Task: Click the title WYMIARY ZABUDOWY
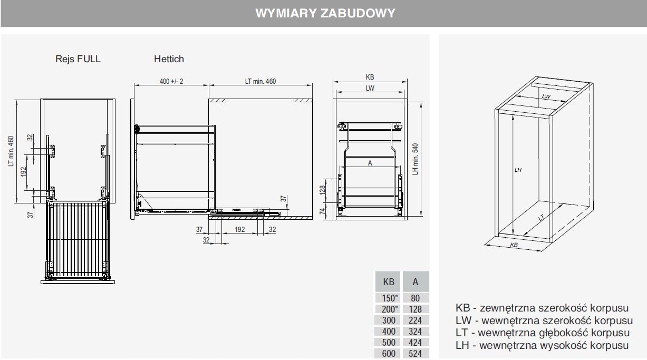coord(325,13)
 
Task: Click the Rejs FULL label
coord(78,59)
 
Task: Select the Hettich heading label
coord(169,59)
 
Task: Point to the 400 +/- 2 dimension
coord(171,81)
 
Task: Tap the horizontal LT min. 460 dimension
coord(260,81)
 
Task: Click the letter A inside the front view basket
coord(370,163)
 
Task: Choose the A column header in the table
coord(416,282)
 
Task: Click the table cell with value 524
coord(416,354)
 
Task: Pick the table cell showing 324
coord(416,332)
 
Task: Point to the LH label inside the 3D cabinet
coord(518,170)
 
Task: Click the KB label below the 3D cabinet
coord(514,246)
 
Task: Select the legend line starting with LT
coord(543,333)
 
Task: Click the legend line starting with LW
coord(544,320)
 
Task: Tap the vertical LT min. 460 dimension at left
coord(11,152)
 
